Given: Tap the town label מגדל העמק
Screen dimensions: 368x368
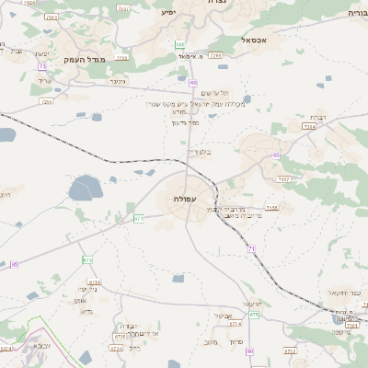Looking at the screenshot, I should (86, 59).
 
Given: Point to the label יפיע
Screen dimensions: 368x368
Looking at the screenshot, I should (167, 13).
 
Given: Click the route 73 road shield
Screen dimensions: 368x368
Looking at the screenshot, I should (43, 66).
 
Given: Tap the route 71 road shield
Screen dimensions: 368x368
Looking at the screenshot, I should (251, 248).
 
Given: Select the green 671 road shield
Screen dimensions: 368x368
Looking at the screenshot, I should (139, 218).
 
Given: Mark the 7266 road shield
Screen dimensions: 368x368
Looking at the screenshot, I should (215, 55).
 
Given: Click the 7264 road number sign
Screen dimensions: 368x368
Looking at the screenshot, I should (308, 126).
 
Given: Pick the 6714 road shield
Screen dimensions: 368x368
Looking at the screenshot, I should (96, 283).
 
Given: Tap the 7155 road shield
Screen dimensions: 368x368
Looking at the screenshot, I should (271, 209).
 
